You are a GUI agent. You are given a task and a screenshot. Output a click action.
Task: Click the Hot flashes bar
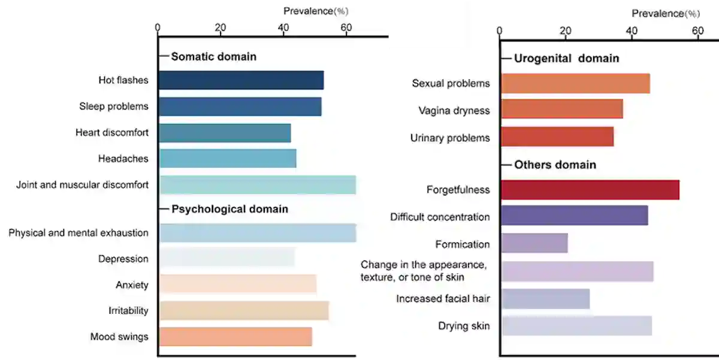coord(241,80)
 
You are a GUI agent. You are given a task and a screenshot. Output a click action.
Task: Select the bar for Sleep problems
coord(240,107)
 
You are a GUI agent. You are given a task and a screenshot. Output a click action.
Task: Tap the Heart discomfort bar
coord(225,133)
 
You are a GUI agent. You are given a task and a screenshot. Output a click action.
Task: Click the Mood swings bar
coord(236,337)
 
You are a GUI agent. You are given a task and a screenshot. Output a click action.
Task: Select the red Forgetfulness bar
coord(590,190)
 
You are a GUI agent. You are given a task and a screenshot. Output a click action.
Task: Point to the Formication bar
coord(534,244)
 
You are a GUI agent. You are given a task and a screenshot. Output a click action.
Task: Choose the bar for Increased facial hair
coord(546,299)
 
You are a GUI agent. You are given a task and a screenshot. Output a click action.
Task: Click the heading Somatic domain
coord(214,57)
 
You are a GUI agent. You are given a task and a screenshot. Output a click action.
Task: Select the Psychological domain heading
coord(230,209)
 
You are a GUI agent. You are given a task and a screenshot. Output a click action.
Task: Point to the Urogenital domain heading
coord(566,59)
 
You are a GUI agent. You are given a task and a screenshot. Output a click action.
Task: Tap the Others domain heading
coord(555,165)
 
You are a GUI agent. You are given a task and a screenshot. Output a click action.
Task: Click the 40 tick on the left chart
coord(283,27)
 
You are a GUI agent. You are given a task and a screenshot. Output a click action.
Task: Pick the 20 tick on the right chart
coord(565,31)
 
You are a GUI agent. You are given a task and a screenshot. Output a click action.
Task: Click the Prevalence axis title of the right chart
coord(665,13)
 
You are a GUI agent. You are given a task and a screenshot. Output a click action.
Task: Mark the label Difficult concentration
coord(440,217)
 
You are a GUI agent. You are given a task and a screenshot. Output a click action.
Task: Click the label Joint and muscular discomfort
coord(82,185)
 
